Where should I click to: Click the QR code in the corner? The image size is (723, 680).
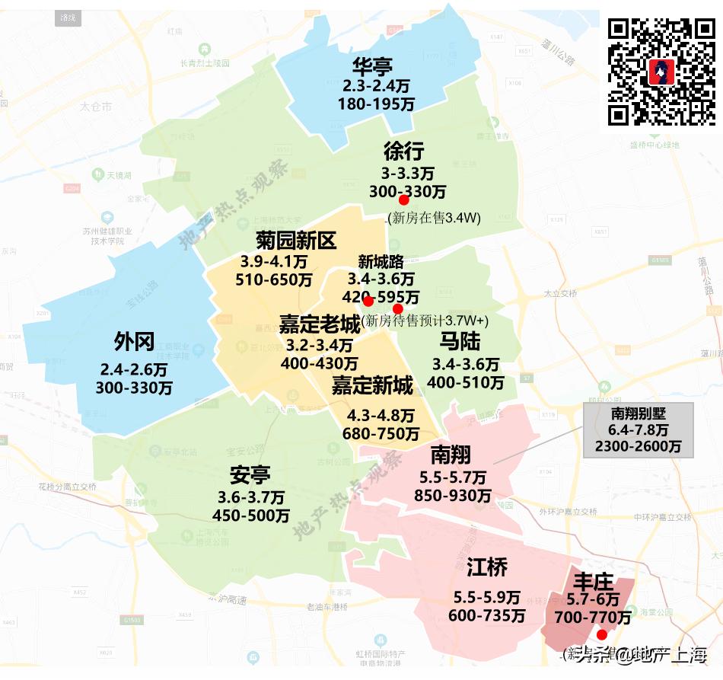click(x=661, y=71)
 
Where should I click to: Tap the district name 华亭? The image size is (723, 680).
click(x=372, y=66)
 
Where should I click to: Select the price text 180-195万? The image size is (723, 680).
click(x=377, y=103)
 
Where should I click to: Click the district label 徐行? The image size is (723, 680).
click(x=404, y=151)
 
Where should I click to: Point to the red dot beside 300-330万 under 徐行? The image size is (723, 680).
click(x=404, y=200)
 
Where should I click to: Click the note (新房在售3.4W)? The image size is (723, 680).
click(x=434, y=219)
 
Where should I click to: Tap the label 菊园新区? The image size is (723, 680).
click(x=285, y=241)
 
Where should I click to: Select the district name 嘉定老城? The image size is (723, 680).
click(x=319, y=324)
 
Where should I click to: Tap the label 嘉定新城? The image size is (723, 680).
click(x=372, y=386)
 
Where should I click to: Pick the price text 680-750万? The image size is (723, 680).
click(x=382, y=434)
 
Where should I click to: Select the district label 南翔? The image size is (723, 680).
click(x=451, y=455)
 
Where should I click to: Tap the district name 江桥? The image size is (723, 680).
click(x=487, y=567)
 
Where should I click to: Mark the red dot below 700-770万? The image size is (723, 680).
click(x=601, y=634)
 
